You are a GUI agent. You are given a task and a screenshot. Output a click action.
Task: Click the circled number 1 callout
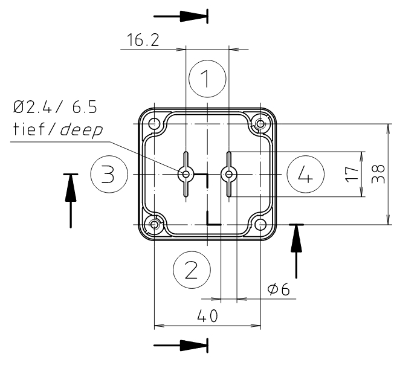pyautogui.click(x=207, y=79)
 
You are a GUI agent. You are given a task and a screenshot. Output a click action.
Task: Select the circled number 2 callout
pyautogui.click(x=192, y=269)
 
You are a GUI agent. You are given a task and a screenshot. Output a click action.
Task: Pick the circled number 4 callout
pyautogui.click(x=305, y=175)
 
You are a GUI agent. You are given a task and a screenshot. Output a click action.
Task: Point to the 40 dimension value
pyautogui.click(x=207, y=316)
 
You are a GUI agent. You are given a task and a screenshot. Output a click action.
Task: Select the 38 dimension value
pyautogui.click(x=379, y=175)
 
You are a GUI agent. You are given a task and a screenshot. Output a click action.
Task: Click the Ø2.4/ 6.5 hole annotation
pyautogui.click(x=54, y=108)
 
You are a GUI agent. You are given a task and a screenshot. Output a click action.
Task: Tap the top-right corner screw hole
pyautogui.click(x=260, y=124)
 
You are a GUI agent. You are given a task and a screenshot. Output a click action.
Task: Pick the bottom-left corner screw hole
pyautogui.click(x=155, y=225)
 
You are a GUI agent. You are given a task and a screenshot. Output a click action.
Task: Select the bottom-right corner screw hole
pyautogui.click(x=260, y=225)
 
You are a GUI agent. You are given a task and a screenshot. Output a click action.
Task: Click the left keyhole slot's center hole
pyautogui.click(x=186, y=175)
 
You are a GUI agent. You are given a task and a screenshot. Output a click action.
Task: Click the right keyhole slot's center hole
pyautogui.click(x=228, y=175)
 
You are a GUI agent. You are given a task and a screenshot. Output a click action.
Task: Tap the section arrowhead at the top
pyautogui.click(x=198, y=16)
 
